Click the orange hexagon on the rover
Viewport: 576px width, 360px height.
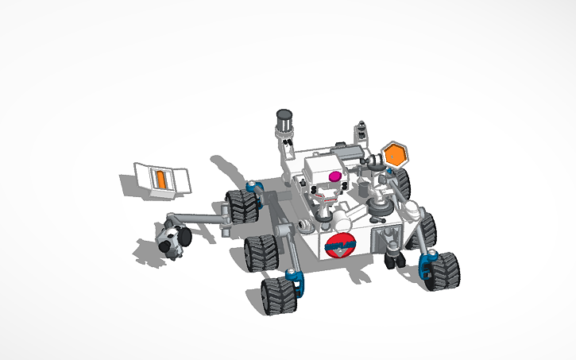tap(395, 153)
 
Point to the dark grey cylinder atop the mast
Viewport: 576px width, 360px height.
tap(284, 121)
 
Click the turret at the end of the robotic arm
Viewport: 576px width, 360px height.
tap(173, 240)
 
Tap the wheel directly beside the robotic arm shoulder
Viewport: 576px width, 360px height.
tap(242, 207)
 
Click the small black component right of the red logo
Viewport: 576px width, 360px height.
tap(392, 259)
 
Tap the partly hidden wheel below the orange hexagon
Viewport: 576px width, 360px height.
tap(402, 184)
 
